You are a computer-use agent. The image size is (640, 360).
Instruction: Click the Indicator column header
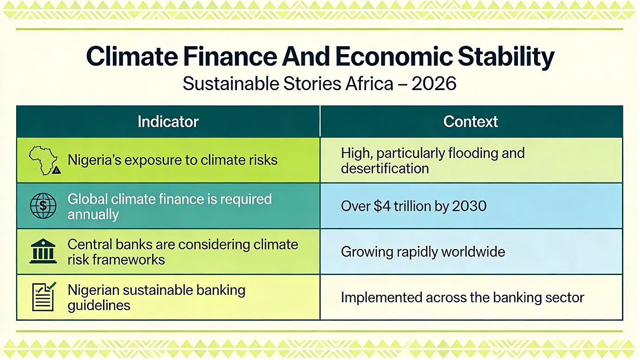[168, 122]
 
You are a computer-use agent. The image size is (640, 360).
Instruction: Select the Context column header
[471, 122]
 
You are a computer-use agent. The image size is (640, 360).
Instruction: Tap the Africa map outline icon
[43, 160]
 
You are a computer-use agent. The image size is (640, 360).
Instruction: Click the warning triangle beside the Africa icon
[56, 170]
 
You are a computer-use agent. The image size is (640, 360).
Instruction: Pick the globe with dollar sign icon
[43, 206]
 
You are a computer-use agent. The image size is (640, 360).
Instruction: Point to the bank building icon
[43, 251]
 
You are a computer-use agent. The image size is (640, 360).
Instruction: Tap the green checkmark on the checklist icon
[52, 286]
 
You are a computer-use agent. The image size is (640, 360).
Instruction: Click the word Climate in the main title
[132, 56]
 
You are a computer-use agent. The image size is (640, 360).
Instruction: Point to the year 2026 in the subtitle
[434, 84]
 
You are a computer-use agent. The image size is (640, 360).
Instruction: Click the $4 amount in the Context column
[382, 206]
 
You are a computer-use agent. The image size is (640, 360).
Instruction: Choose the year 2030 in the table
[469, 206]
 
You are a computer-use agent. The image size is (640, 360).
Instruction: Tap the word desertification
[385, 168]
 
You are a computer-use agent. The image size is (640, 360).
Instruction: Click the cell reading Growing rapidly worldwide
[423, 252]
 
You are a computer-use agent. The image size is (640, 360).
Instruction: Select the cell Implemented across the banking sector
[462, 298]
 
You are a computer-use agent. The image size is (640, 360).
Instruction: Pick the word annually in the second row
[93, 215]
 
